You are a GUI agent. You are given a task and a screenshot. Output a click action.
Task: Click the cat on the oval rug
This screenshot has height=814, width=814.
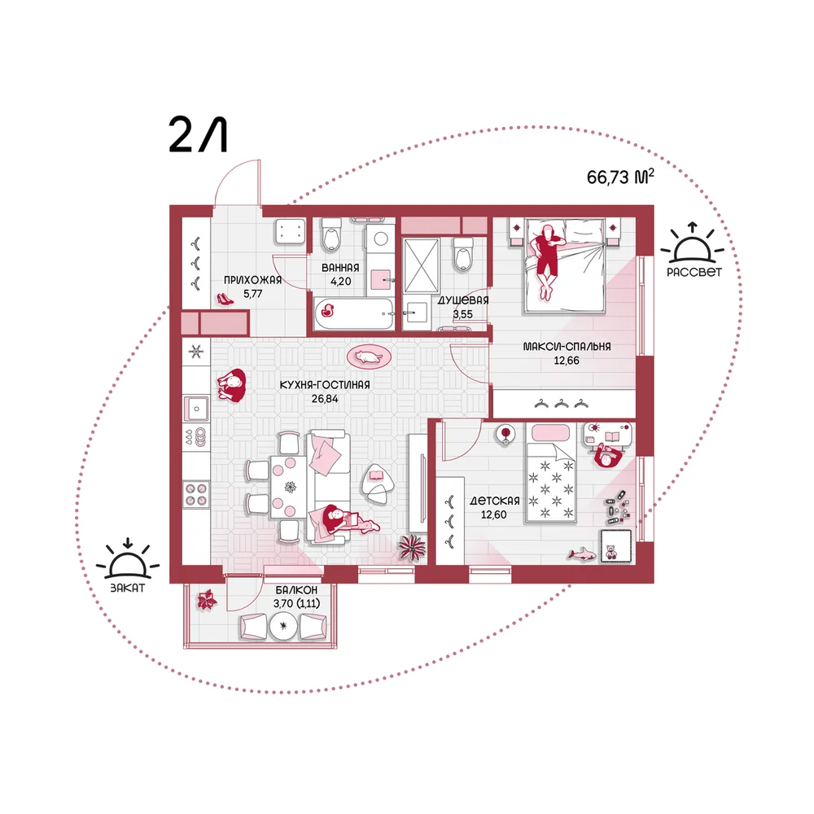pos(369,357)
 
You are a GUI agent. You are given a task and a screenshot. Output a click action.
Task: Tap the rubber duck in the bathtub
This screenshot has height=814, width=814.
pos(327,311)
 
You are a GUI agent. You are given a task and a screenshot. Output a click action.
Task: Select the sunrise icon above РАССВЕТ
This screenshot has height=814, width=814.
pos(693,244)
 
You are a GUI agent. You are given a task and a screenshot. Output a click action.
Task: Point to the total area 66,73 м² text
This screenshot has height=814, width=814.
pos(620,177)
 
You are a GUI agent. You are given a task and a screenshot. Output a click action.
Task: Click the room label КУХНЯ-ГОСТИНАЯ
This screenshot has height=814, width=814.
pos(325,385)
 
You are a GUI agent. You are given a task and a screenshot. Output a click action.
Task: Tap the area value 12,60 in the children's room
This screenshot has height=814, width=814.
pos(494,514)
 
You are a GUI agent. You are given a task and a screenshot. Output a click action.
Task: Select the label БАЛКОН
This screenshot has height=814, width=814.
pos(296,590)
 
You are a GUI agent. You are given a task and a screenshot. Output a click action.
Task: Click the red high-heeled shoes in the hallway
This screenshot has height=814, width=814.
pos(225,299)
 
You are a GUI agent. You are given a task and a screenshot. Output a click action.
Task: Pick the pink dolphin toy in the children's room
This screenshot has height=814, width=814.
pos(581,554)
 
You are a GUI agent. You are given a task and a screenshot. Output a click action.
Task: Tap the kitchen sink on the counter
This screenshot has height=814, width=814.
pos(196,409)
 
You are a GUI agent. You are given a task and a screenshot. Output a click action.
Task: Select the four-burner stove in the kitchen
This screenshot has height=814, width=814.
pos(196,494)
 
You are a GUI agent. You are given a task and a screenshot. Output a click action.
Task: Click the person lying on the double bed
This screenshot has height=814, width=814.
pos(546,260)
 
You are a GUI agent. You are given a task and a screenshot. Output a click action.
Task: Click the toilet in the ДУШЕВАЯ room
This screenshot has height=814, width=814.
pos(462,253)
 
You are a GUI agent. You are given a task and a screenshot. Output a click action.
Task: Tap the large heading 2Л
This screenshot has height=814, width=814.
pos(199,135)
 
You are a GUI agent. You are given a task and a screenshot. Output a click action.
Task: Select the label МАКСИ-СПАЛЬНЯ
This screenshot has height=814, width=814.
pos(567,346)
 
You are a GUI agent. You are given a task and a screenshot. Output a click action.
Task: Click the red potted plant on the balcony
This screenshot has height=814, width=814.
pos(206,601)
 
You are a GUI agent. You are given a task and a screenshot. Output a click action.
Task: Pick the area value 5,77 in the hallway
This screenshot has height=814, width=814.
pos(253,293)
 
